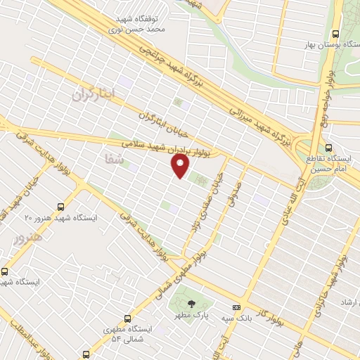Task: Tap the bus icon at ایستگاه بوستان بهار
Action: click(336, 34)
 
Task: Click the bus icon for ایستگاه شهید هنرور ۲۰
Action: click(60, 207)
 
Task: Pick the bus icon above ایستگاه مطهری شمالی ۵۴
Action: click(127, 318)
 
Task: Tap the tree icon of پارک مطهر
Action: click(191, 304)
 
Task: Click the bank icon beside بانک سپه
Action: click(237, 308)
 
